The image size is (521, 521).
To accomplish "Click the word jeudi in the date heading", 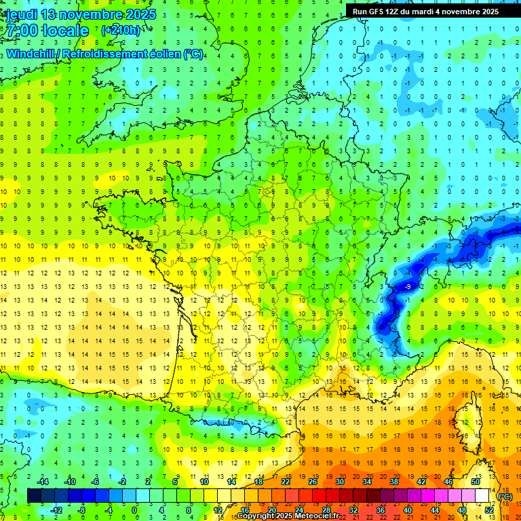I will tap(19, 14).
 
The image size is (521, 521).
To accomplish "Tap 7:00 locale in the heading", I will tap(46, 31).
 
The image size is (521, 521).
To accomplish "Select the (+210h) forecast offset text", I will tap(121, 30).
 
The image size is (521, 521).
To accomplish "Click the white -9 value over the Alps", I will tap(407, 288).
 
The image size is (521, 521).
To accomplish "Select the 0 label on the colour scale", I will tap(134, 509).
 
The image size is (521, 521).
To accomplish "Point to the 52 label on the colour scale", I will tap(489, 509).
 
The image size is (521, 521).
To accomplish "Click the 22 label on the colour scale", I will tap(286, 482).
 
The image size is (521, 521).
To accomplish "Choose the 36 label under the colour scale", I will tap(381, 509).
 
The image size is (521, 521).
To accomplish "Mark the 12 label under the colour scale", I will tap(218, 509).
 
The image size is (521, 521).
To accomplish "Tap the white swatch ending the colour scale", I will tap(482, 495).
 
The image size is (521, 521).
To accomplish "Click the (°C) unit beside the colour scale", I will tap(505, 496).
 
